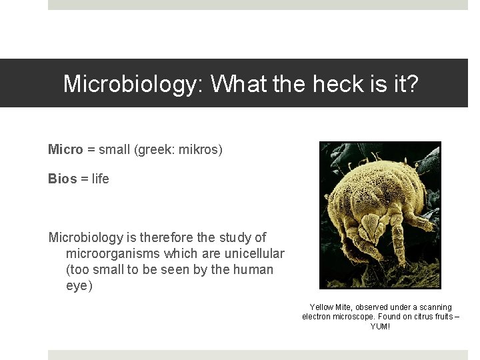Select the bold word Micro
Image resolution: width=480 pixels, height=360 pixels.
(65, 149)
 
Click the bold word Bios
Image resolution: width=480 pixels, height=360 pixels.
(62, 179)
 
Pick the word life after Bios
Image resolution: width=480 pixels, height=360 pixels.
(100, 179)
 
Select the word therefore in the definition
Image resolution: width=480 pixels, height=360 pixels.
(168, 237)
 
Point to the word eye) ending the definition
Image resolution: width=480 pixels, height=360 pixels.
(79, 286)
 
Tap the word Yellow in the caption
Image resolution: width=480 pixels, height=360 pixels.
(321, 307)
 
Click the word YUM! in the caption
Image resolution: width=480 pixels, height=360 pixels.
(381, 326)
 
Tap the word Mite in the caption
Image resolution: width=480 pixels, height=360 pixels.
(344, 307)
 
